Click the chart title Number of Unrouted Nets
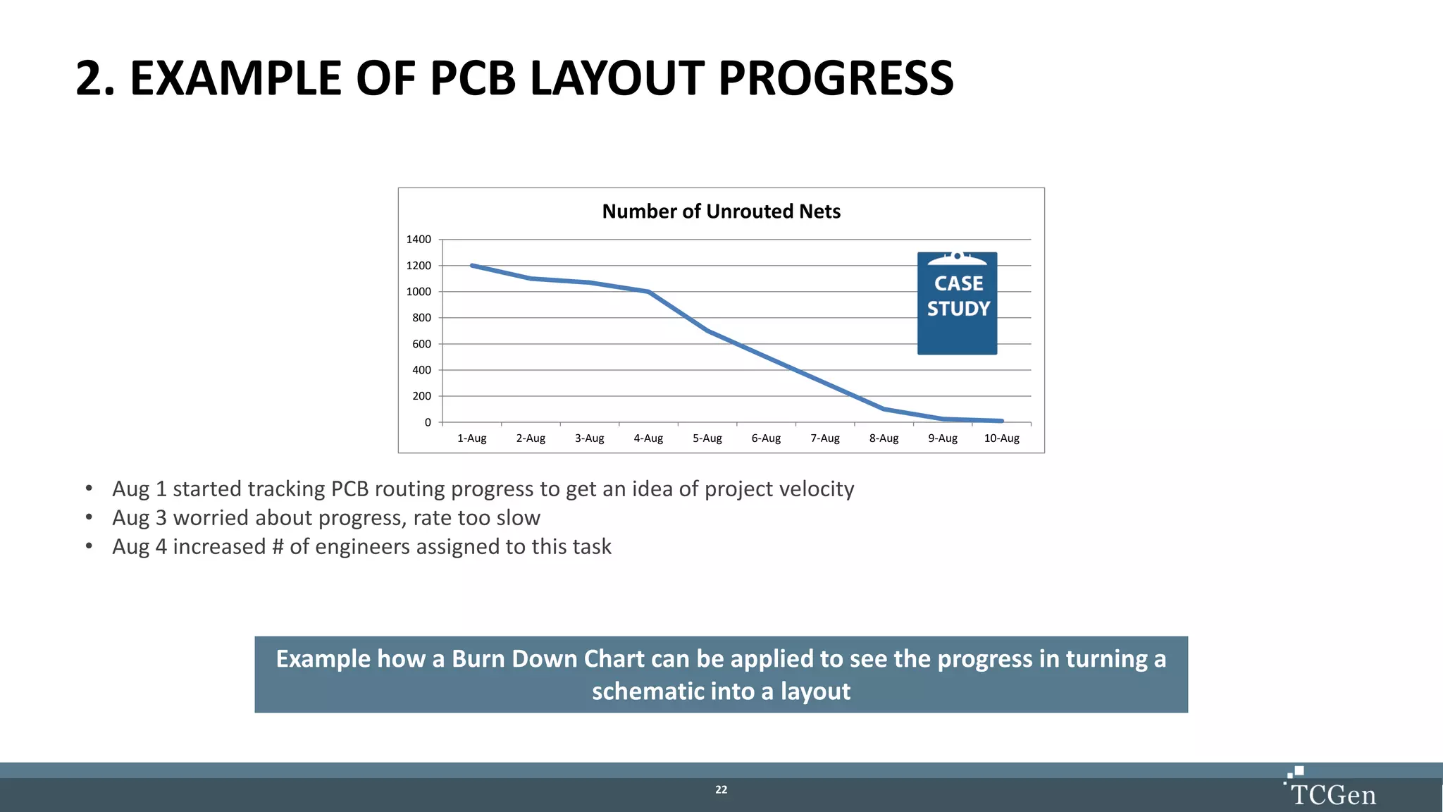(x=721, y=211)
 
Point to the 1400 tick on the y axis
(x=419, y=240)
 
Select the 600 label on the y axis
(x=421, y=344)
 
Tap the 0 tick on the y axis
(x=428, y=422)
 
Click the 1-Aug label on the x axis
(x=471, y=438)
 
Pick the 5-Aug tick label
(x=707, y=438)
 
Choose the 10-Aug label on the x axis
(x=1001, y=438)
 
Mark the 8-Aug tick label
(x=884, y=438)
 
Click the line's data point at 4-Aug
(x=648, y=292)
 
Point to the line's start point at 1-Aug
(x=472, y=266)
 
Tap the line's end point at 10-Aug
(x=1001, y=421)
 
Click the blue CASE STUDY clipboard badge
(x=957, y=303)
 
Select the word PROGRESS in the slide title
(x=836, y=78)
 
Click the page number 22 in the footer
(x=721, y=790)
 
